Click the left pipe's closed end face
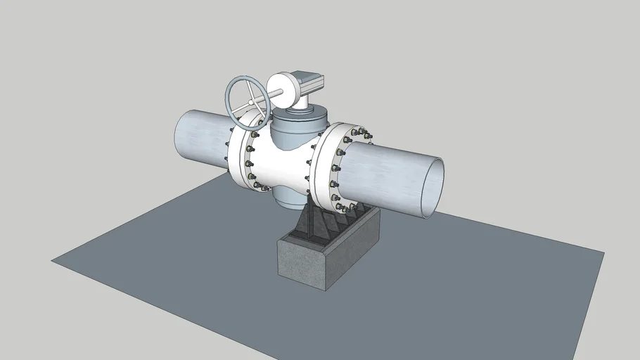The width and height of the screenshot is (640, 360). tap(185, 136)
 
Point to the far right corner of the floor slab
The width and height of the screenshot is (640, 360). tap(603, 251)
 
